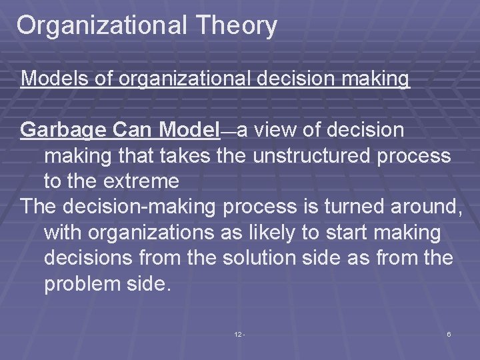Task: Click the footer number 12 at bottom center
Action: pos(239,334)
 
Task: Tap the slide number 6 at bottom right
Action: pos(449,334)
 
